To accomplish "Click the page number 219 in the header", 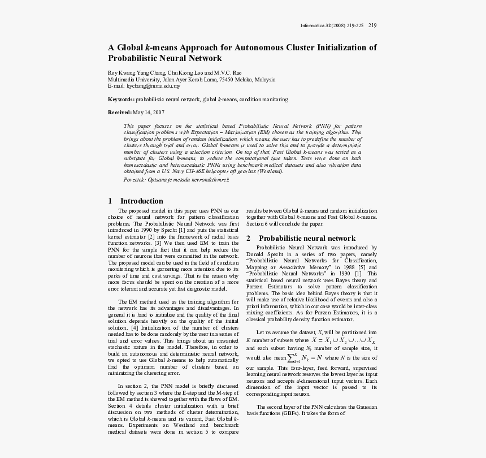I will tap(372, 25).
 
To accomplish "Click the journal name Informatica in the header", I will tap(313, 25).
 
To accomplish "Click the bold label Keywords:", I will tap(121, 100).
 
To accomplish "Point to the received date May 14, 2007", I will tap(149, 113).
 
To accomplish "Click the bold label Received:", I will tap(120, 113).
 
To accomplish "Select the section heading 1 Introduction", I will tap(136, 201).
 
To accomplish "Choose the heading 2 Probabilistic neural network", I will tap(301, 239).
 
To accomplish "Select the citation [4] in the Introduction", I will tap(134, 327).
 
